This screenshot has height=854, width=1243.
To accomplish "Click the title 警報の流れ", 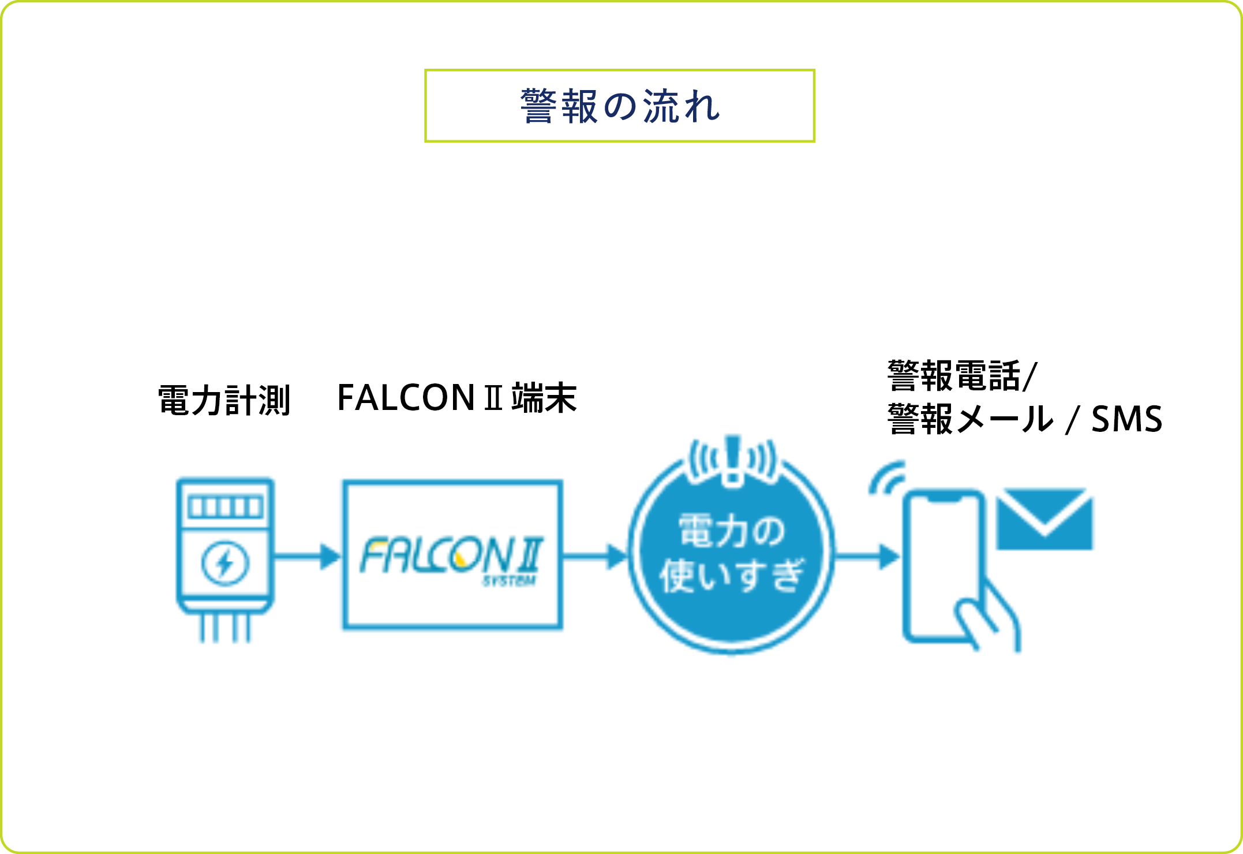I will point(620,106).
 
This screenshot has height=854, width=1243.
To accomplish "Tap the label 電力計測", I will point(224,400).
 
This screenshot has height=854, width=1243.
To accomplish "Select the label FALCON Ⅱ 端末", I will point(456,398).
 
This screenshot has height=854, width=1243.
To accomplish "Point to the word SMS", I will point(1126,419).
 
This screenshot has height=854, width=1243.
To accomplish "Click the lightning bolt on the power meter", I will point(225,562).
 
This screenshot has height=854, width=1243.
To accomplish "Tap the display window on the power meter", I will point(225,507).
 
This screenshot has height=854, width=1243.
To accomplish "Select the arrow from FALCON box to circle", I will point(595,557).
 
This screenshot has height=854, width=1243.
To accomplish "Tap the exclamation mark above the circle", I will point(733,459).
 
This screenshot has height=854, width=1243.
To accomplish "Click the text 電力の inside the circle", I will point(732,531).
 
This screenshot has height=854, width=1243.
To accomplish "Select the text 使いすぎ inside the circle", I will point(732,576).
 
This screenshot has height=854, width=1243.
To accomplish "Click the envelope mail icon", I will point(1044,519).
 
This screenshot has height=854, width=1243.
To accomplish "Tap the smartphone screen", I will point(942,554).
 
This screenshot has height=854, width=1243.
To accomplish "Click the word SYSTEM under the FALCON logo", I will point(510,581).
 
